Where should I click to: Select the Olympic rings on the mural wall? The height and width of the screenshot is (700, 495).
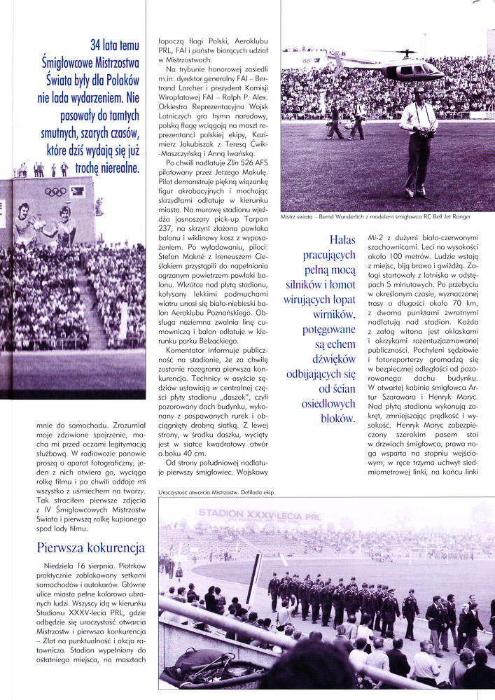[56, 192]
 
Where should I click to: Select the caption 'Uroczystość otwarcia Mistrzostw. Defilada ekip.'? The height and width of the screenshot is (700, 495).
[217, 492]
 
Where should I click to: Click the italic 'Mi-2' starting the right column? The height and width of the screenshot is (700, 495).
[376, 238]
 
